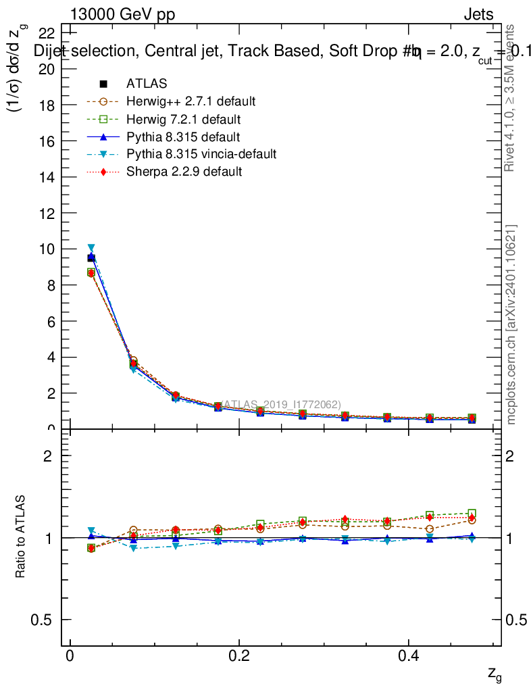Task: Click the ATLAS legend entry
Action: [147, 84]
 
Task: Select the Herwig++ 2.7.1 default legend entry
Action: [191, 101]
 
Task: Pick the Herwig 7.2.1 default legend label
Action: [183, 120]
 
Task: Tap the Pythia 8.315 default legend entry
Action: [182, 137]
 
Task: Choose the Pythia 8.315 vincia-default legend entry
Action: [201, 154]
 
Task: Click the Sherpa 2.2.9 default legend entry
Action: [184, 172]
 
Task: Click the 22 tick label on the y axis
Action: [47, 33]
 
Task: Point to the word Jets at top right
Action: [478, 15]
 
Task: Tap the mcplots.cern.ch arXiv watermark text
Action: [511, 324]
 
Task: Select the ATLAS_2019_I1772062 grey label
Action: [277, 404]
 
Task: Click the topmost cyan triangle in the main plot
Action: [91, 248]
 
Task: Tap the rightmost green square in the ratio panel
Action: [472, 514]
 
